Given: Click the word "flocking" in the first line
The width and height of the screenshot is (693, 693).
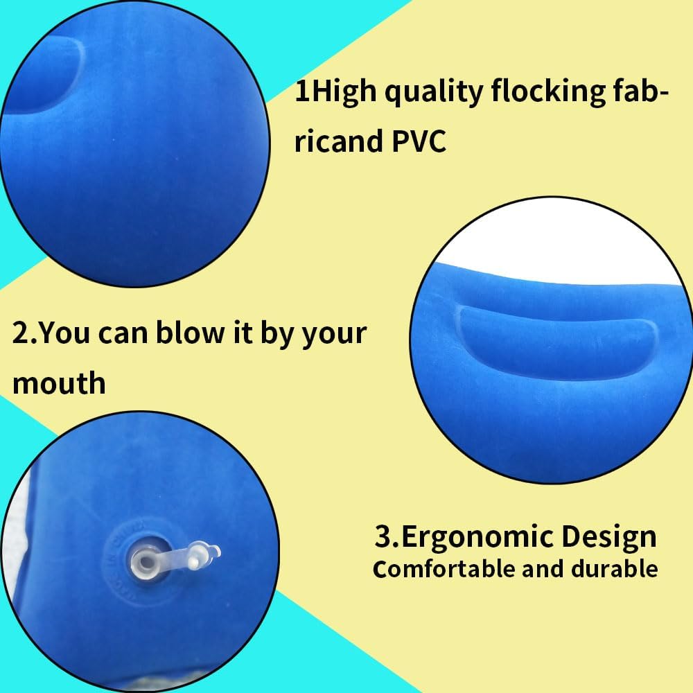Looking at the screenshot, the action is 548,92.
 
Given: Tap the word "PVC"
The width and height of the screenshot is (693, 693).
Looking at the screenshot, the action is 419,141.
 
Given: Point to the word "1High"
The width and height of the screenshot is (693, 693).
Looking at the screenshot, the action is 335,91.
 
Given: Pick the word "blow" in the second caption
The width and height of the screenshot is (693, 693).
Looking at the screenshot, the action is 190,333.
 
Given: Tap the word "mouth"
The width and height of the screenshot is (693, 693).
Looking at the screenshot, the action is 59,383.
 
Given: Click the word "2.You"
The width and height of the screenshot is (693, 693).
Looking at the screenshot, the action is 51,333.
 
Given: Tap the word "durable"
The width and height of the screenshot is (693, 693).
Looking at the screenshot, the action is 614,569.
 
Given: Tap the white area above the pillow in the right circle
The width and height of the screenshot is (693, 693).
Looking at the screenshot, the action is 557,247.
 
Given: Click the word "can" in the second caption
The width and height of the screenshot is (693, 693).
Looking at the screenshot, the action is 123,334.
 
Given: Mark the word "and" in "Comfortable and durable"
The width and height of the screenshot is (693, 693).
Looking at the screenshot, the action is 543,569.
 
